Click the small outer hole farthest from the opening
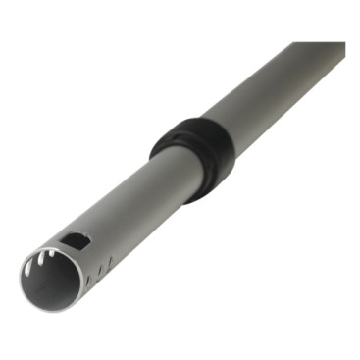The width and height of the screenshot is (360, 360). point(110,262)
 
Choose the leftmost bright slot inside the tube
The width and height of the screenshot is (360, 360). point(26,269)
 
